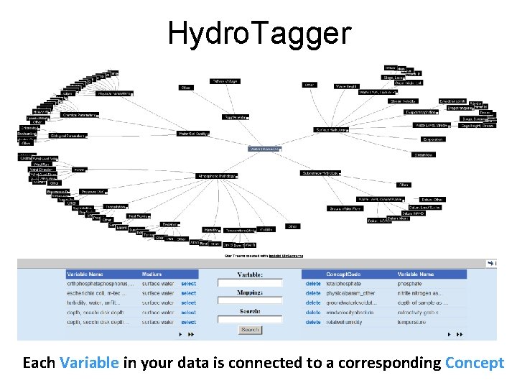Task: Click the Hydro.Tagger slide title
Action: pos(259,32)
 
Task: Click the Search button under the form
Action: pos(249,330)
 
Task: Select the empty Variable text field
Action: pos(249,284)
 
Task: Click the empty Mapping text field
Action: pos(249,302)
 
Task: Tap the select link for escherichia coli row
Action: pos(188,293)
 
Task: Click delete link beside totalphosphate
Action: pos(313,284)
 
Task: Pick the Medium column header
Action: pos(153,274)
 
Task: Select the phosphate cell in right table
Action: pos(410,284)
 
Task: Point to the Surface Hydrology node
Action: pos(331,130)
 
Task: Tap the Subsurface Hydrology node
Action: pos(320,173)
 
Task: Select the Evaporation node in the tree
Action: pos(433,139)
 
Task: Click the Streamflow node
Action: pos(423,154)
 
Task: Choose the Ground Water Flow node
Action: pos(346,209)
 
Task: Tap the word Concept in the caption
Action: pos(475,363)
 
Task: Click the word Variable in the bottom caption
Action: pos(90,363)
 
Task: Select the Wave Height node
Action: pos(346,86)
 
